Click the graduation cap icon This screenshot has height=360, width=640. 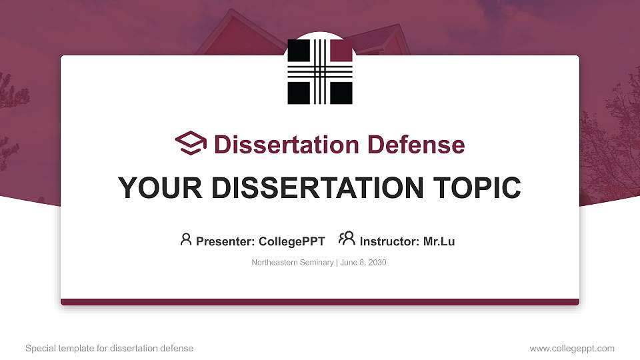point(191,143)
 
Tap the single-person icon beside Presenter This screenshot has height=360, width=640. point(186,239)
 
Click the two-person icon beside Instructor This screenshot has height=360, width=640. point(347,239)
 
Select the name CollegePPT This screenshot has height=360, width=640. point(292,241)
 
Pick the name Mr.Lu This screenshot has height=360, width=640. point(439,241)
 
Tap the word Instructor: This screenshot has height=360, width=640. point(390,241)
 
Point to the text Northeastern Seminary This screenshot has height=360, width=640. point(292,263)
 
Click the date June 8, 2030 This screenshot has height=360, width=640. point(363,263)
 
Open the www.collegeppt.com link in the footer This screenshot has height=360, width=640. point(572,349)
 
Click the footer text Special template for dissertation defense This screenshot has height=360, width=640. point(109,349)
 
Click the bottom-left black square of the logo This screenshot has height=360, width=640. point(299,92)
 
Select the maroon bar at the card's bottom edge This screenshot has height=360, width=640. point(320,302)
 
